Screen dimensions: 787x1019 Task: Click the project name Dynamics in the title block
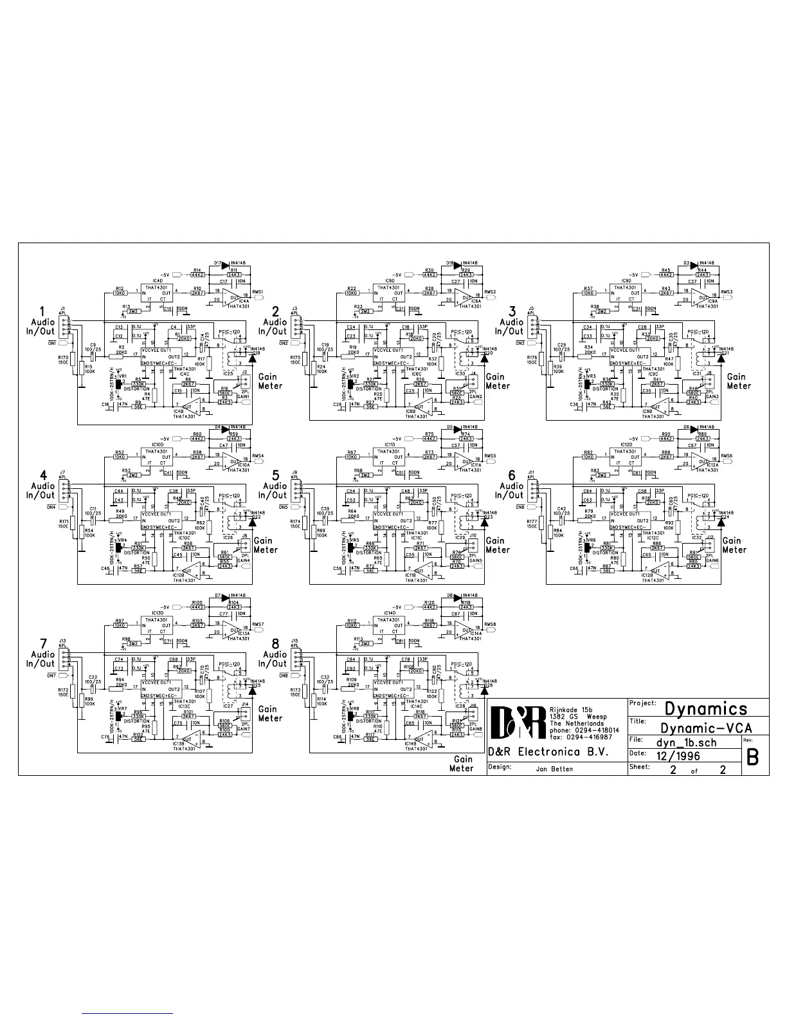tap(706, 708)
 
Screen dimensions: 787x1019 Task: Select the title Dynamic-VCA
tap(706, 728)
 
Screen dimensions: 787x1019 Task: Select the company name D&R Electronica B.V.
tap(548, 752)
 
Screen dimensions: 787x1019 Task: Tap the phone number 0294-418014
tap(597, 731)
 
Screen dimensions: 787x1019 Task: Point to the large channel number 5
tap(276, 475)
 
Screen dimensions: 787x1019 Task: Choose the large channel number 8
tap(276, 643)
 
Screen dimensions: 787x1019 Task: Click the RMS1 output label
tap(258, 291)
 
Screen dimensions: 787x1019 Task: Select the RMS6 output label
tap(727, 455)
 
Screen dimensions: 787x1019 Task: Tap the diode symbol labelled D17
tap(225, 263)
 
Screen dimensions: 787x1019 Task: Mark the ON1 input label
tap(52, 343)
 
